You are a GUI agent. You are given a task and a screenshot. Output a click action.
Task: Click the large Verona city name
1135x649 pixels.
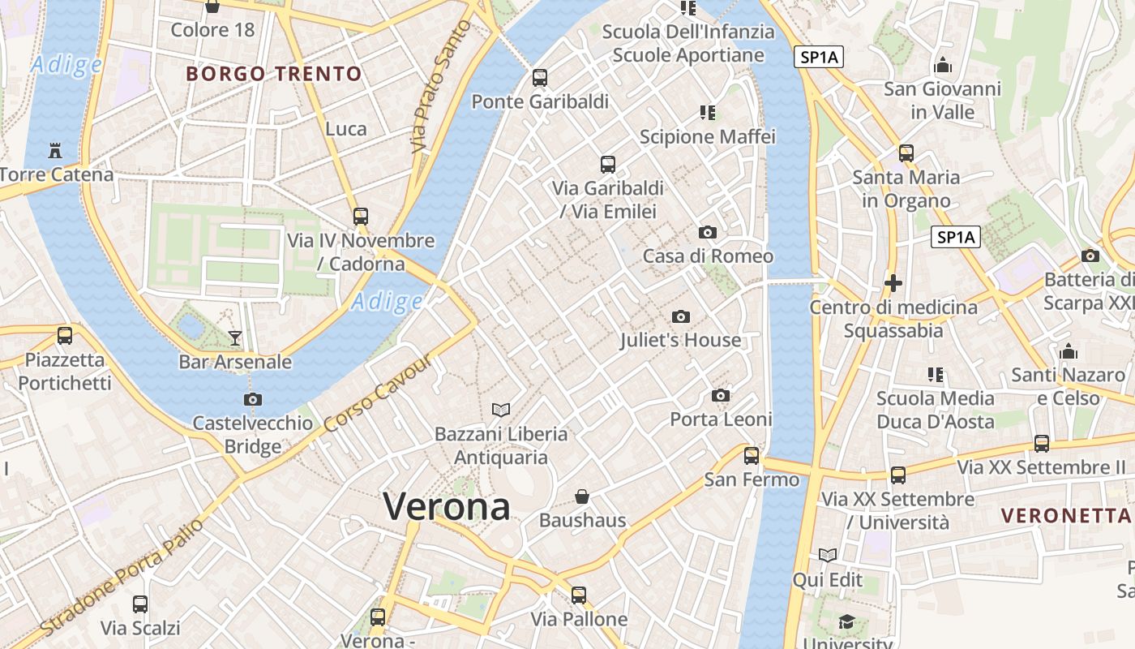point(447,507)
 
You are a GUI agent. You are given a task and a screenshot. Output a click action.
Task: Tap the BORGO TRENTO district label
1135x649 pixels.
point(274,74)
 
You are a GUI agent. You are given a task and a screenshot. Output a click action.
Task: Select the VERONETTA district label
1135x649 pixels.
point(1065,515)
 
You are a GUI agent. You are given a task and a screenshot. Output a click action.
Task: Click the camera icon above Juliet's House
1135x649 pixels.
point(681,316)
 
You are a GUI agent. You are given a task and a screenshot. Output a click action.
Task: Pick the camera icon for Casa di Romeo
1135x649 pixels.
point(708,233)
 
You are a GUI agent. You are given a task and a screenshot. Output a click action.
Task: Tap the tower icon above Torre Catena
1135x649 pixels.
point(55,151)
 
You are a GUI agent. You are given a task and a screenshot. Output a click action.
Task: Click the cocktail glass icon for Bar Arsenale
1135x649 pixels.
point(235,337)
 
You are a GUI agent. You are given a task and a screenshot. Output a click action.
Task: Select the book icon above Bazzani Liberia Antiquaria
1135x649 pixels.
point(502,410)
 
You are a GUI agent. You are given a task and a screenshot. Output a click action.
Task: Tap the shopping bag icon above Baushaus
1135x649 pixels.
point(582,496)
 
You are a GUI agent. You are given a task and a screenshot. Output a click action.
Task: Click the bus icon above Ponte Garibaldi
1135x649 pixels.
point(540,78)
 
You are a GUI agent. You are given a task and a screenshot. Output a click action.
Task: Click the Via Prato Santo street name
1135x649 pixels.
point(442,88)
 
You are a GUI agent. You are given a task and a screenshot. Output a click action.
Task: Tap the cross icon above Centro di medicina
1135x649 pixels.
point(893,283)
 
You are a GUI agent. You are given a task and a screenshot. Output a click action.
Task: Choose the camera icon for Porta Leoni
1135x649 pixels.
point(721,396)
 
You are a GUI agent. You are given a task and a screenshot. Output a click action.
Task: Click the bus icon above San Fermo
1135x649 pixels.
point(752,456)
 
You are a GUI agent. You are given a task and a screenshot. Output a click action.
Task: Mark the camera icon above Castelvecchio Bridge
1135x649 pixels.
point(253,399)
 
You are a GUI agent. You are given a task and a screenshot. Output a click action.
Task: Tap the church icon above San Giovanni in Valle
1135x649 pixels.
point(943,65)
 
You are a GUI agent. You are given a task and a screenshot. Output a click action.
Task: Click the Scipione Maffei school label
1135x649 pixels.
point(708,136)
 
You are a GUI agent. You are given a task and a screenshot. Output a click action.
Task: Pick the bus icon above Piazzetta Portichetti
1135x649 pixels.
point(65,336)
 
